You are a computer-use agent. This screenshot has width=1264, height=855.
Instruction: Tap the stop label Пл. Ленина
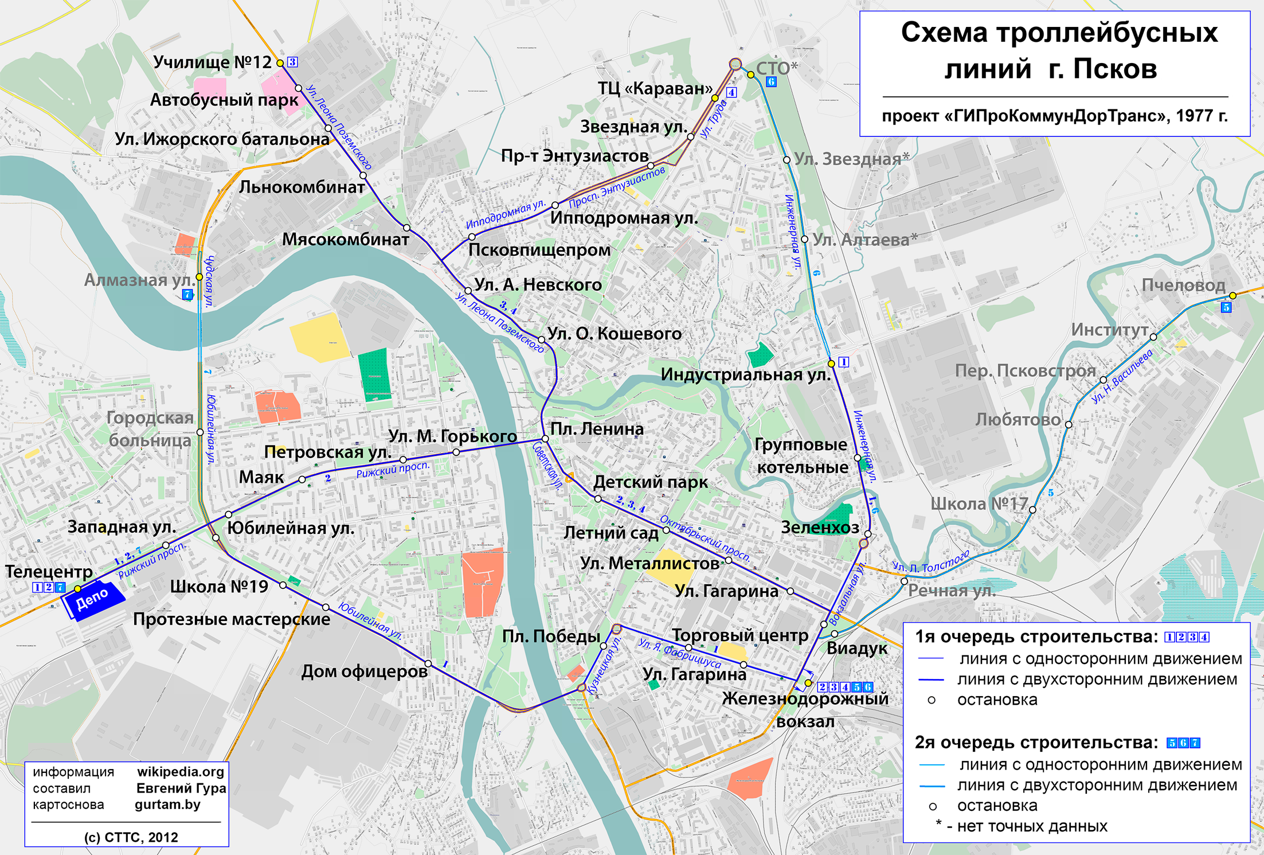click(597, 429)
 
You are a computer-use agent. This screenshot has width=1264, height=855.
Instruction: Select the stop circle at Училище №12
click(280, 63)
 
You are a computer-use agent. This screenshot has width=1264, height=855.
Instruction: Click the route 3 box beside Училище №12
click(292, 62)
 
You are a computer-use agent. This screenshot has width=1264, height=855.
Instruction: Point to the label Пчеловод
click(1183, 285)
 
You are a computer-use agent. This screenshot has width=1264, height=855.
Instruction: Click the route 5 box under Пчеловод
click(1226, 308)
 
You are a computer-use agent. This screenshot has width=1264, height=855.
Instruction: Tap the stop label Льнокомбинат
click(302, 187)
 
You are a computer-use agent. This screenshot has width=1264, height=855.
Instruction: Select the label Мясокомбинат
click(345, 239)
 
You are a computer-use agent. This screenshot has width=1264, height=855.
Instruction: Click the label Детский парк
click(650, 482)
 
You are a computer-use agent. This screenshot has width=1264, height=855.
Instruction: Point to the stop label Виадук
click(856, 649)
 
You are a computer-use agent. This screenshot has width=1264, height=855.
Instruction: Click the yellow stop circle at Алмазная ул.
click(199, 277)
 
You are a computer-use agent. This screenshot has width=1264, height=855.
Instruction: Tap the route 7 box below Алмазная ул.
click(187, 295)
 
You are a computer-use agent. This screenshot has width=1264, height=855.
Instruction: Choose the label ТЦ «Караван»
click(655, 89)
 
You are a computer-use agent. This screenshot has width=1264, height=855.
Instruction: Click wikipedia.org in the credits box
click(181, 772)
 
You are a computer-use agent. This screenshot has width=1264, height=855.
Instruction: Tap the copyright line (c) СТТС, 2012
click(131, 837)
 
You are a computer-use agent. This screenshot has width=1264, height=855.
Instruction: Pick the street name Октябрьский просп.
click(705, 538)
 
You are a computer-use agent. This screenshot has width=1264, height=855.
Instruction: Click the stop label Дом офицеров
click(365, 671)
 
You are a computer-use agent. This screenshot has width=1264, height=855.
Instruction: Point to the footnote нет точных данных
click(1032, 826)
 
